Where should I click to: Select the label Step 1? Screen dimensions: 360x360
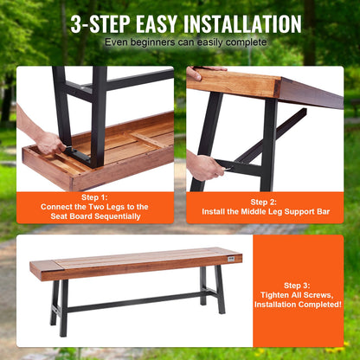click(x=94, y=197)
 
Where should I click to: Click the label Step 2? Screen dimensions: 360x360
click(x=263, y=202)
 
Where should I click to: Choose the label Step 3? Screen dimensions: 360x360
click(x=297, y=286)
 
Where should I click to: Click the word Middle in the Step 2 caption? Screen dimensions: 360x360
click(x=252, y=212)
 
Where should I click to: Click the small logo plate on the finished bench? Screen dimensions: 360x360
click(x=231, y=259)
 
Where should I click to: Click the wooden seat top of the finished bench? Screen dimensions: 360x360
click(x=136, y=261)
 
